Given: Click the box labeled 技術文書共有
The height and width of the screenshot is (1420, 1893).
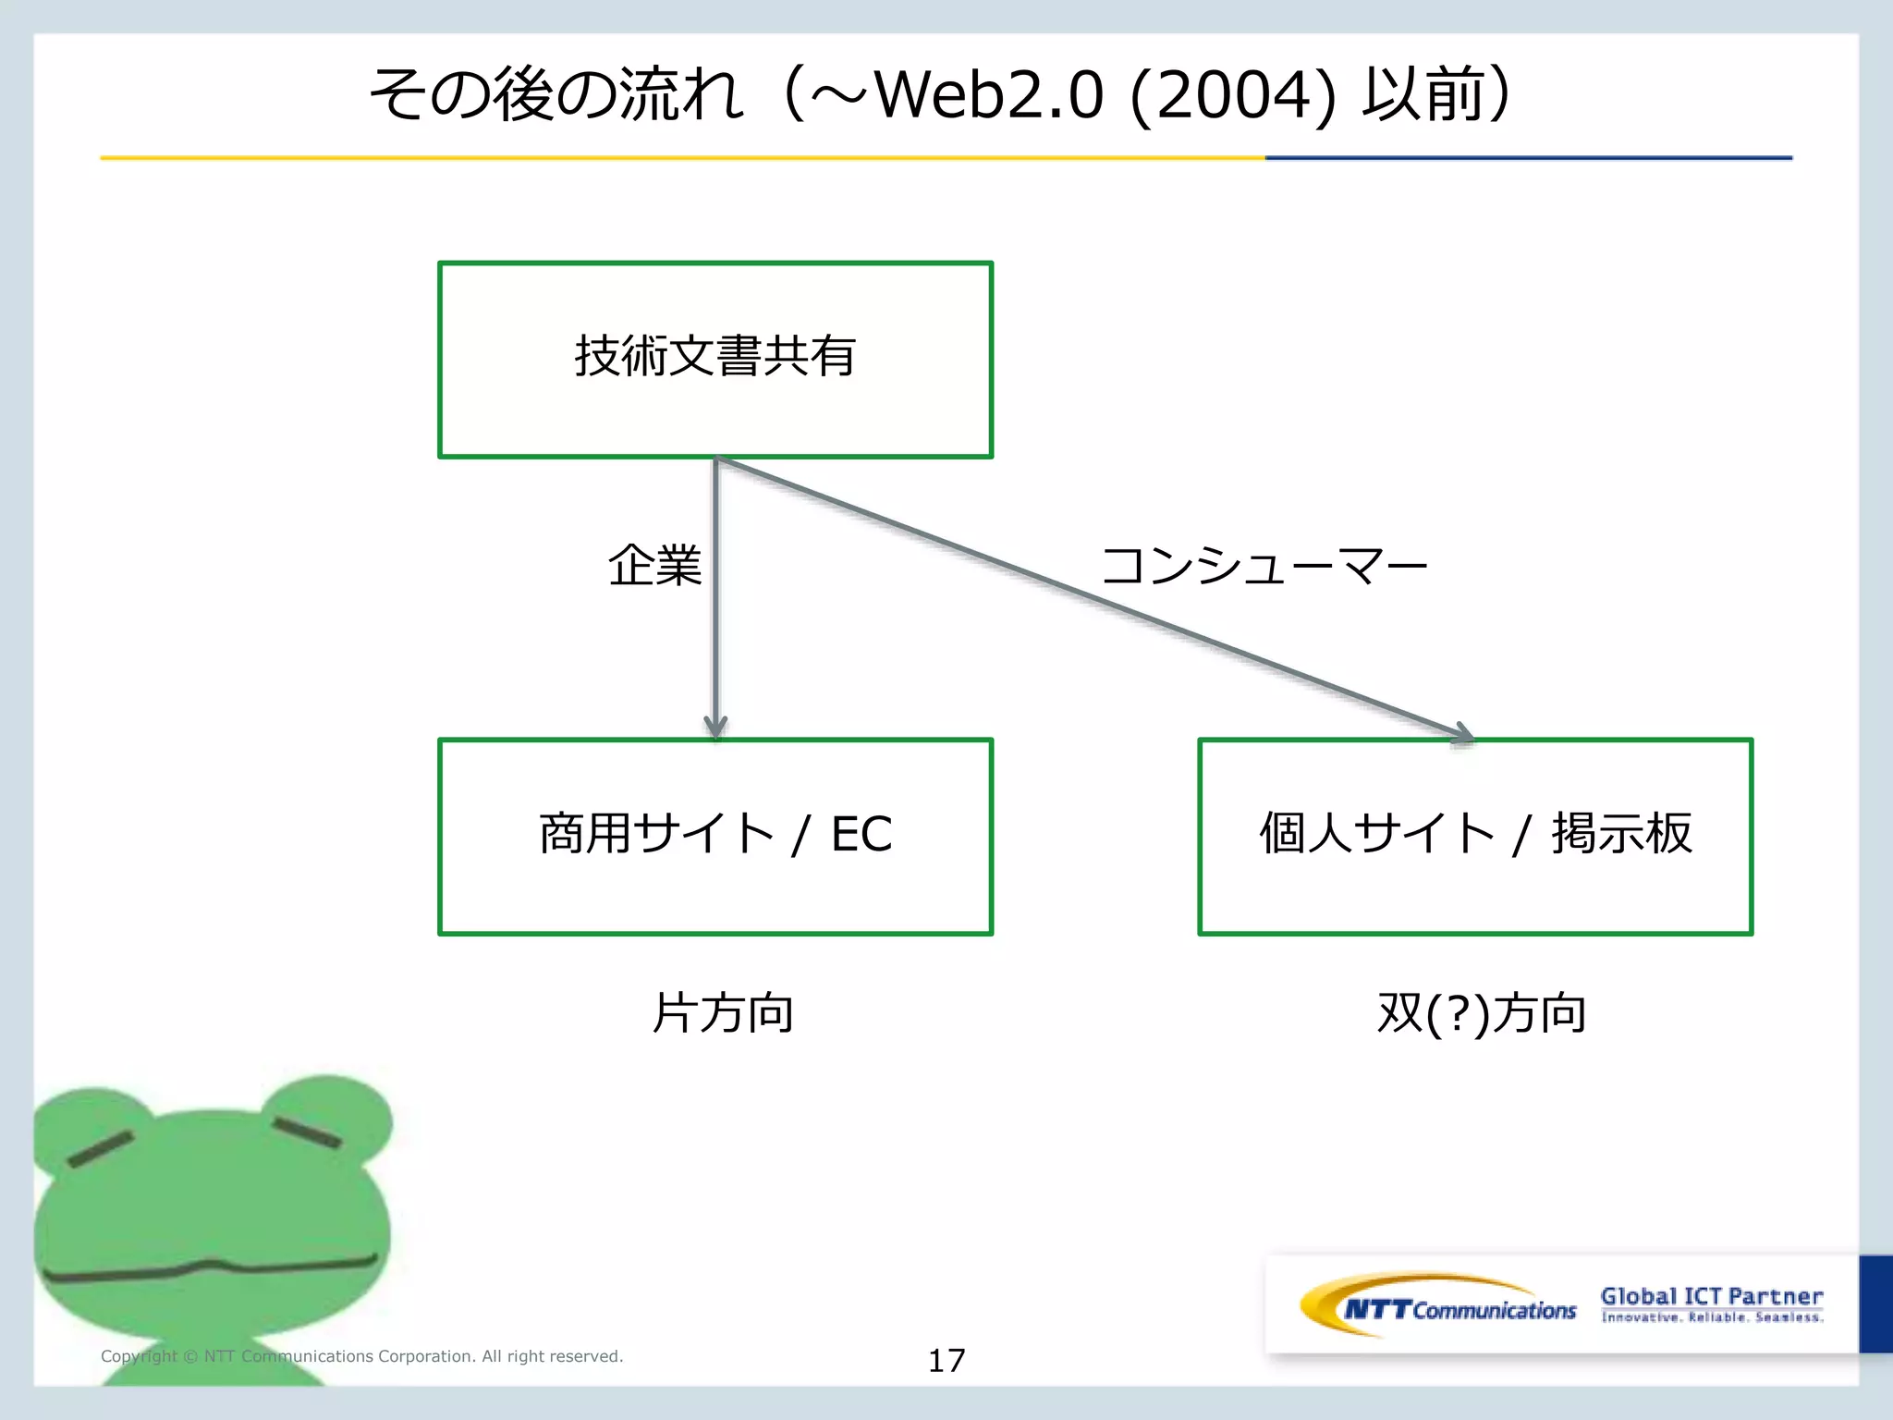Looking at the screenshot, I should (x=714, y=359).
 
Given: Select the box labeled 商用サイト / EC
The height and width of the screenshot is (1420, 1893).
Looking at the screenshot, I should (x=714, y=837).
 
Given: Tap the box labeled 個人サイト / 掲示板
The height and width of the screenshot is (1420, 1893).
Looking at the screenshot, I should (x=1474, y=837).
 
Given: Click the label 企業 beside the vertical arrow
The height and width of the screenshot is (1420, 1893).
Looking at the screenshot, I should (x=654, y=565).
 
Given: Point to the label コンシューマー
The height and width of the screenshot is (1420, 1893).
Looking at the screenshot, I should (x=1264, y=565).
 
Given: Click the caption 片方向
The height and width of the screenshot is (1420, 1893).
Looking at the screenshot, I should (x=723, y=1012).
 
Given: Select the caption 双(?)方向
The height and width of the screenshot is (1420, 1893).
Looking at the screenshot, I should (x=1481, y=1012).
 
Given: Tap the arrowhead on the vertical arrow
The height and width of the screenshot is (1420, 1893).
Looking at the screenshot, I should (x=715, y=727).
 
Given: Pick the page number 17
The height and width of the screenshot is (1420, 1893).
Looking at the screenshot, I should (x=946, y=1360).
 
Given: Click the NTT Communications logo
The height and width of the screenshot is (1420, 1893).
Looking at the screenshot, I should (x=1442, y=1305).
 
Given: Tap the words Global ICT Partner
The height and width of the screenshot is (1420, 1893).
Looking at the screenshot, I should (x=1711, y=1296).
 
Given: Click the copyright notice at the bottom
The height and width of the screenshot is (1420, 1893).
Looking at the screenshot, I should (x=361, y=1356).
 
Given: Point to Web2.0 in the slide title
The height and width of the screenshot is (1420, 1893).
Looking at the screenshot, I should (x=988, y=95).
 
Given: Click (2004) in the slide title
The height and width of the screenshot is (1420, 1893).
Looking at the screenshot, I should (x=1232, y=95).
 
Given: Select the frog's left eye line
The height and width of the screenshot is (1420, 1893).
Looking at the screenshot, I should (x=100, y=1149).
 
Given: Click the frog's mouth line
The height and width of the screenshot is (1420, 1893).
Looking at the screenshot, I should (x=208, y=1267).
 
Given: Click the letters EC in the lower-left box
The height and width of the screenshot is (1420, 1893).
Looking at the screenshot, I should (x=861, y=834).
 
